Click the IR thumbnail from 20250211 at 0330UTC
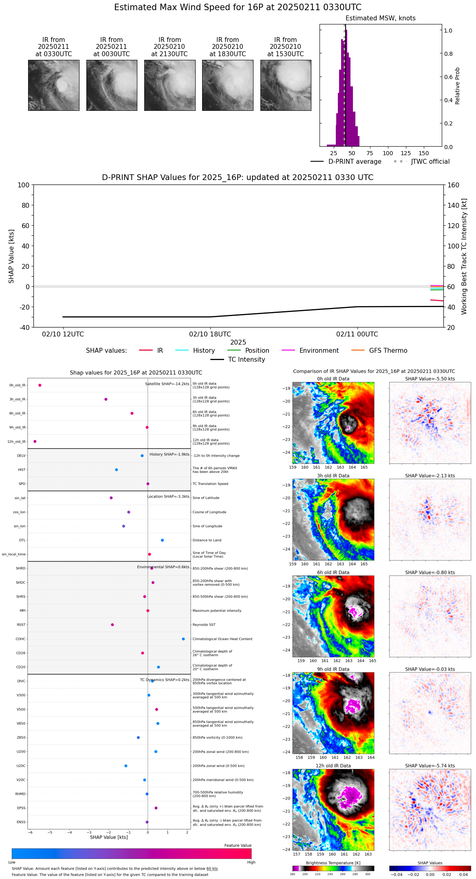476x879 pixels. (54, 85)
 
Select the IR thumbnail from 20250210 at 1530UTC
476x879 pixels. (286, 85)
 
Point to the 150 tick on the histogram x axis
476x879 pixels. (424, 153)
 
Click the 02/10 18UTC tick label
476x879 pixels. (210, 334)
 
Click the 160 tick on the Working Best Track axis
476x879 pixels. (454, 185)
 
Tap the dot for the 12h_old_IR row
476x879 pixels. (35, 442)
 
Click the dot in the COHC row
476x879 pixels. (183, 639)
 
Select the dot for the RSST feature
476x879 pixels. (112, 625)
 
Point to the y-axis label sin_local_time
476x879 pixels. (14, 554)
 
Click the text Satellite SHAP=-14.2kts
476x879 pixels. (167, 384)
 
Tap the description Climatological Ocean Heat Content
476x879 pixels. (223, 639)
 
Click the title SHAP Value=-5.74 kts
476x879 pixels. (430, 766)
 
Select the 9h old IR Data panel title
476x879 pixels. (333, 669)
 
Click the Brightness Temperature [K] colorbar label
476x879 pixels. (333, 863)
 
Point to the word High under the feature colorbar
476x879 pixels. (251, 862)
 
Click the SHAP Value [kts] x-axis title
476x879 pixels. (109, 837)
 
